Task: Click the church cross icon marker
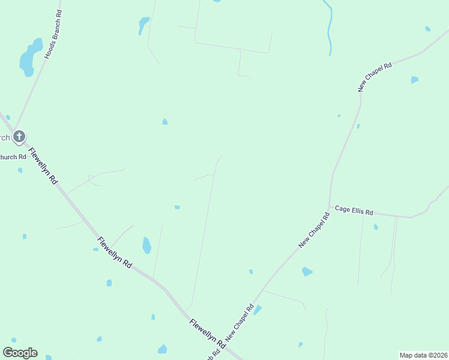(19, 136)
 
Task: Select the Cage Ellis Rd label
(354, 211)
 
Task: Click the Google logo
(20, 353)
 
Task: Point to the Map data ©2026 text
(423, 355)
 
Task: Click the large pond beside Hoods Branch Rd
(29, 58)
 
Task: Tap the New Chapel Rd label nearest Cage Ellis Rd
(315, 230)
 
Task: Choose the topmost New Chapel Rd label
(375, 76)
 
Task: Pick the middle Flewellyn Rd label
(114, 252)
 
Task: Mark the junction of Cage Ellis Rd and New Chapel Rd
(330, 208)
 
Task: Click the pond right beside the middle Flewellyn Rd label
(146, 245)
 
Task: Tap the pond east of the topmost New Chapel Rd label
(414, 80)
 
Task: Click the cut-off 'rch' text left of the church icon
(5, 137)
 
